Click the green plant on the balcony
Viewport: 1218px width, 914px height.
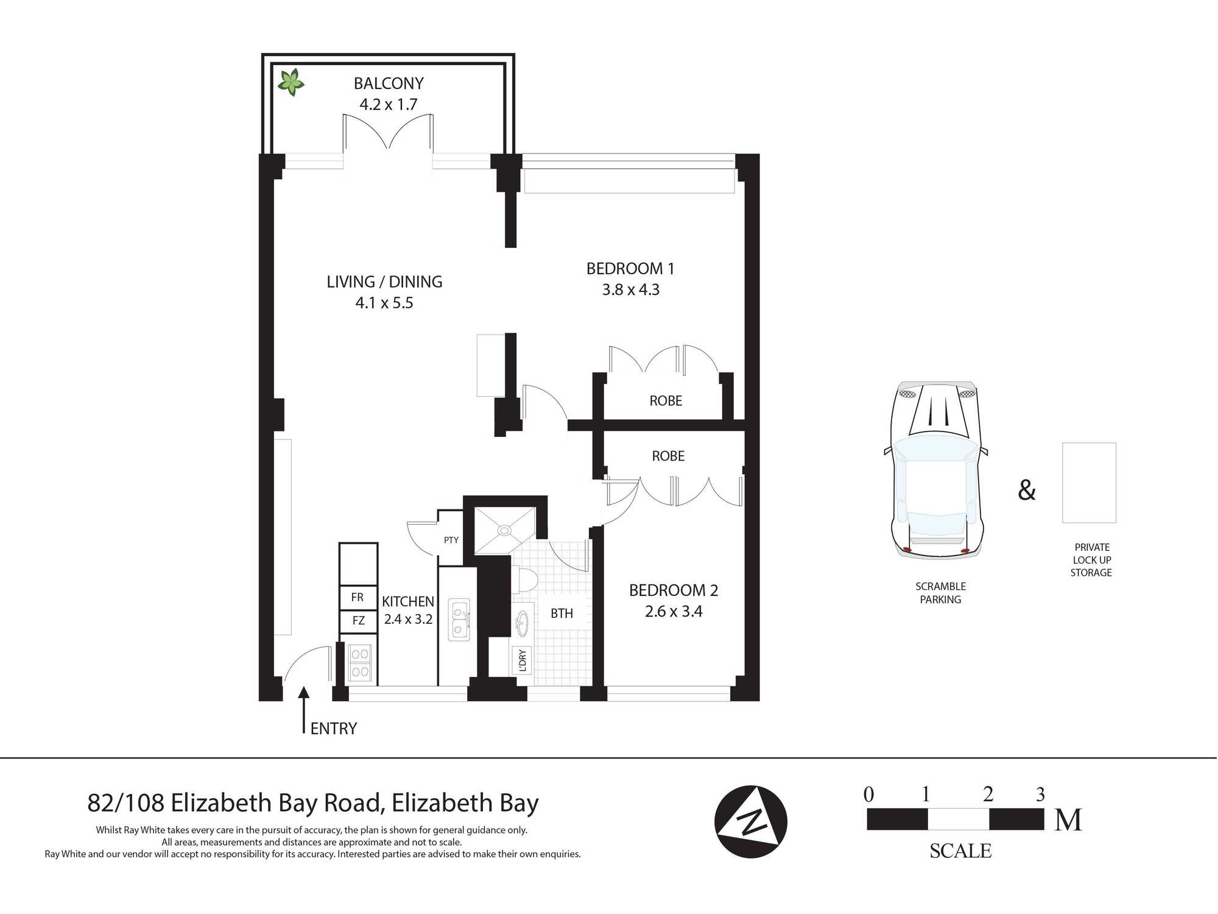coord(291,82)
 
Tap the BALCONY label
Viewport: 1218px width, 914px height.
coord(389,83)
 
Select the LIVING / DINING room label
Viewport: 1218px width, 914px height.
coord(384,282)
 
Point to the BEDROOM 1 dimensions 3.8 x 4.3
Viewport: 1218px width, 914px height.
coord(631,289)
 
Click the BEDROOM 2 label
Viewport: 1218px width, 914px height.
coord(674,590)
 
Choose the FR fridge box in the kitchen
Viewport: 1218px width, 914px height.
coord(358,597)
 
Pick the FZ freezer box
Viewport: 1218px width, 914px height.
coord(358,620)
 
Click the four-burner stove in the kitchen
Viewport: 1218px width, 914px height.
coord(359,663)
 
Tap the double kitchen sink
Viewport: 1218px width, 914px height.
coord(459,619)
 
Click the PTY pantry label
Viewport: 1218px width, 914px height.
coord(451,540)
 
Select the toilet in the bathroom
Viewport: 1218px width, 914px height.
coord(523,579)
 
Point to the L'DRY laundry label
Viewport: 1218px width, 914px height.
coord(522,661)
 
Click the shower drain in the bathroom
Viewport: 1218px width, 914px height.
coord(504,530)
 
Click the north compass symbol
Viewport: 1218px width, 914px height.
coord(751,821)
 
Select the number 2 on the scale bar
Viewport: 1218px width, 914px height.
coord(988,794)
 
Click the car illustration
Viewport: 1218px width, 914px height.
coord(936,470)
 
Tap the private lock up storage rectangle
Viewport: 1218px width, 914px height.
coord(1089,483)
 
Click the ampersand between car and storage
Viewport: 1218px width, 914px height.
coord(1027,490)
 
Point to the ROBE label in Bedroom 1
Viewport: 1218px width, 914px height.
coord(666,401)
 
